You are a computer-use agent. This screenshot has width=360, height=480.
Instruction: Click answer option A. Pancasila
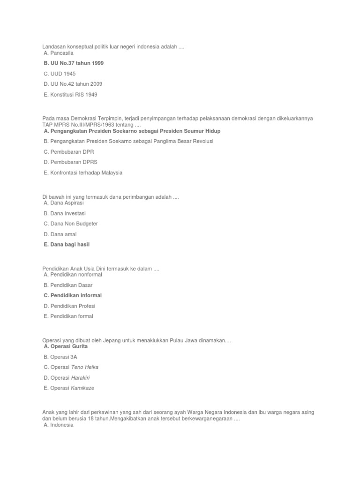tap(59, 53)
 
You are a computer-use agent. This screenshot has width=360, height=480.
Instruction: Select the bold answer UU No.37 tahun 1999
tap(73, 63)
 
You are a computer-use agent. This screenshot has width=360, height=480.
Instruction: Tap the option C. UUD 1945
tap(60, 74)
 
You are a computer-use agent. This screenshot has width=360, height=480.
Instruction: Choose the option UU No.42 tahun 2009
tap(73, 84)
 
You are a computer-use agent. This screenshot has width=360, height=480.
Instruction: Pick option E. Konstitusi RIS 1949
tap(70, 95)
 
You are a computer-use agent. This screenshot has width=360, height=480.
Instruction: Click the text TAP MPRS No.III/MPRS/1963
tap(82, 125)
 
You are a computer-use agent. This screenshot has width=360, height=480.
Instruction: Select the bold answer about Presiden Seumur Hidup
tap(132, 131)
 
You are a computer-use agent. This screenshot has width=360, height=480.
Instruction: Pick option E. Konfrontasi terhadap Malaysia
tap(83, 172)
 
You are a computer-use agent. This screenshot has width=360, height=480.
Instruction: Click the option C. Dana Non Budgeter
tap(71, 224)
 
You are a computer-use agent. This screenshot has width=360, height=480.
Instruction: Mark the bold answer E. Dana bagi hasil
tap(66, 245)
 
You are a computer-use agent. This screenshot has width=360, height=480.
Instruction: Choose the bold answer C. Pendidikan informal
tap(73, 295)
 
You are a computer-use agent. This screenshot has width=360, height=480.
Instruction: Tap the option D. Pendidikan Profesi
tap(69, 306)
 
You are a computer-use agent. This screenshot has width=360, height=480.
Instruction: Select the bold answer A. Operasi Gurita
tap(65, 346)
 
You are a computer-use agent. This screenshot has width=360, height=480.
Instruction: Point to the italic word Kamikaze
tap(82, 388)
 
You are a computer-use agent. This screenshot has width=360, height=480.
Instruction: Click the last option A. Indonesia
tap(58, 425)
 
